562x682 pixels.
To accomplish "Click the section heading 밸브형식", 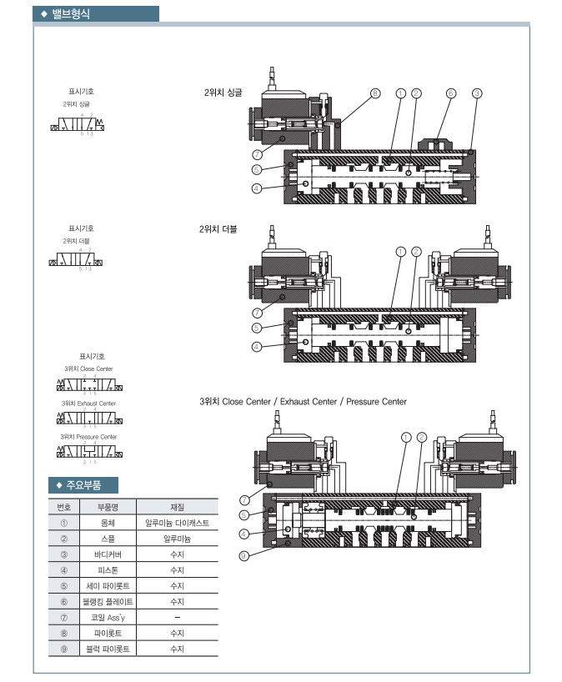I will (71, 14).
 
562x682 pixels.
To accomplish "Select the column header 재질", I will (177, 506).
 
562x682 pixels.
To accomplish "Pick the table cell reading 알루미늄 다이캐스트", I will (177, 523).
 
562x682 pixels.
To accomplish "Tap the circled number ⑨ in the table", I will (63, 648).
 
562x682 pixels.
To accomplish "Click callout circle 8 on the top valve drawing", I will (375, 93).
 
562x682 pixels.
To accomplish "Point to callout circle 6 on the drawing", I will (450, 93).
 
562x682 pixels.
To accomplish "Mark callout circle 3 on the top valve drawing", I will (477, 93).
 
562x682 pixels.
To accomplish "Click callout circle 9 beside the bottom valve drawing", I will (244, 556).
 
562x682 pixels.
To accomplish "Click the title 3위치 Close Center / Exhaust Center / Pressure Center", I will (304, 402).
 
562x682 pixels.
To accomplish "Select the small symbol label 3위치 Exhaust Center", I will (88, 403).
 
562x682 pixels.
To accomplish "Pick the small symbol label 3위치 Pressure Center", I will (88, 436).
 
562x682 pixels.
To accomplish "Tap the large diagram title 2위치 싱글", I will (223, 93).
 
